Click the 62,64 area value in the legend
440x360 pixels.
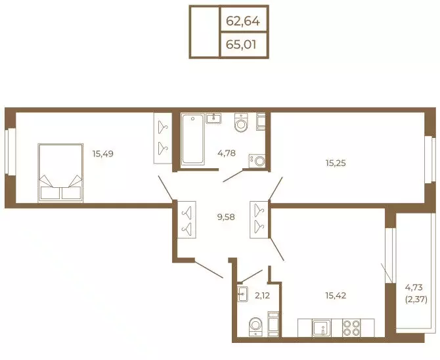[243, 21]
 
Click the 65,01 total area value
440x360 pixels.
[241, 45]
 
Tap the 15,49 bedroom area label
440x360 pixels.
[103, 154]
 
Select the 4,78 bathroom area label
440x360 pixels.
[227, 153]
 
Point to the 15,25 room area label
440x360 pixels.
[336, 163]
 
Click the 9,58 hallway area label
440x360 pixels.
[226, 217]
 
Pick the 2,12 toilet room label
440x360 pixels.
[262, 296]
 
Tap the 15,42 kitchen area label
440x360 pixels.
[336, 296]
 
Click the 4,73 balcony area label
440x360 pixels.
[414, 287]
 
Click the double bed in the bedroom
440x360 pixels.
[60, 173]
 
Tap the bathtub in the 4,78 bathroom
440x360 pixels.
[192, 139]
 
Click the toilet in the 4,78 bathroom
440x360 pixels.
[241, 122]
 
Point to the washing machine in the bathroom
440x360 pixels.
[257, 161]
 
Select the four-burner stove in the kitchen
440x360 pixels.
[351, 327]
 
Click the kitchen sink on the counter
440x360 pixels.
[322, 327]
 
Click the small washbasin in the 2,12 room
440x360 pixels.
[242, 294]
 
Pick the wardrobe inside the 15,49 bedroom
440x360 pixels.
[163, 138]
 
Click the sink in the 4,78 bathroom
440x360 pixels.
[213, 118]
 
